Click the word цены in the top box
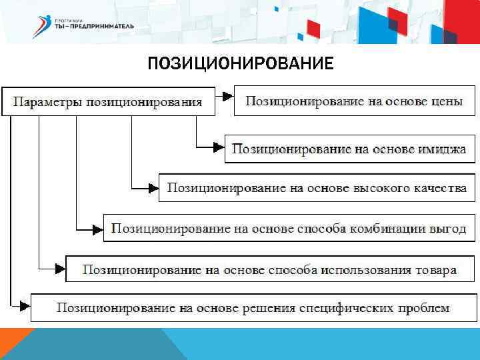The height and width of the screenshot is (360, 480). tap(445, 101)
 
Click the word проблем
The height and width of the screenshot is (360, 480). tap(425, 307)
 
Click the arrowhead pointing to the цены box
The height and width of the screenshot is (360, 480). tap(227, 96)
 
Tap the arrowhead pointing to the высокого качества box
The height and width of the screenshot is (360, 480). tap(152, 187)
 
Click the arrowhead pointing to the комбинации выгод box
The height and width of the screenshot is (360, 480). tap(97, 229)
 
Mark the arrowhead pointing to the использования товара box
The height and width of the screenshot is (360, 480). tap(59, 269)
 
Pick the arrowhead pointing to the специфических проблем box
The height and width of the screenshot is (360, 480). tap(25, 307)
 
